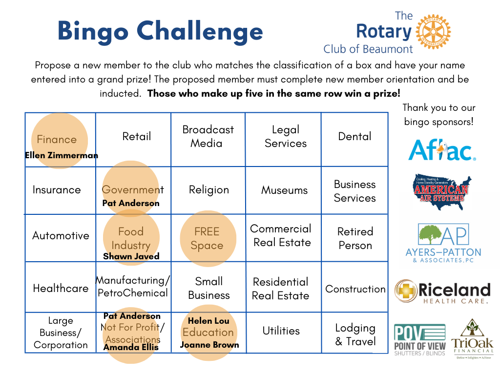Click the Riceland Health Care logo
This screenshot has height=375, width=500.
coord(442,292)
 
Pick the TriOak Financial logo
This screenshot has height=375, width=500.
coord(472,339)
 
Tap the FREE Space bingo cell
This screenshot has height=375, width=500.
coord(207,239)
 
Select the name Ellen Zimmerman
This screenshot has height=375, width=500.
coord(62,156)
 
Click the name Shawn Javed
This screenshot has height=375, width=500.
coord(131,256)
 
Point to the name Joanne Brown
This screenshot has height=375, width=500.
coord(209,345)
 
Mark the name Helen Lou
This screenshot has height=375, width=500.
coord(208,321)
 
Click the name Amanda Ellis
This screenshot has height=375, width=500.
coord(131,347)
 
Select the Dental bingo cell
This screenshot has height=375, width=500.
coord(355,137)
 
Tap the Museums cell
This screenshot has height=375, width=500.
coord(284,190)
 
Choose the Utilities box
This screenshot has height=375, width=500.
coord(281,331)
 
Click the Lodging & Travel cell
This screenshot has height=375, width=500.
coord(355,334)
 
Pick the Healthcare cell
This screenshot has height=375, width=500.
coord(61,288)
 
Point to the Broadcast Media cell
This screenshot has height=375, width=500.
coord(208,136)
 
